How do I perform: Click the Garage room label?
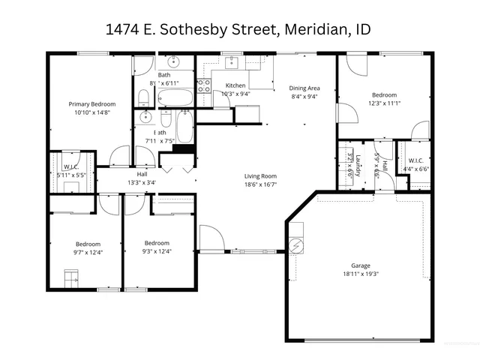361,265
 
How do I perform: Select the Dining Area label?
304,86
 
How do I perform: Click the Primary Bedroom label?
92,103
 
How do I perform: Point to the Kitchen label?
235,85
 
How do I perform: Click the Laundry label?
359,165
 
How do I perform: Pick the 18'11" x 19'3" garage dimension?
361,274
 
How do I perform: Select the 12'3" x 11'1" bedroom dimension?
385,104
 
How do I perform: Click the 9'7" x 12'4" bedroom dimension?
87,252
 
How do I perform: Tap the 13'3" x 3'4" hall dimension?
142,182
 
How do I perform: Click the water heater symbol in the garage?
296,245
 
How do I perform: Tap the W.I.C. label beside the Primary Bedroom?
72,166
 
